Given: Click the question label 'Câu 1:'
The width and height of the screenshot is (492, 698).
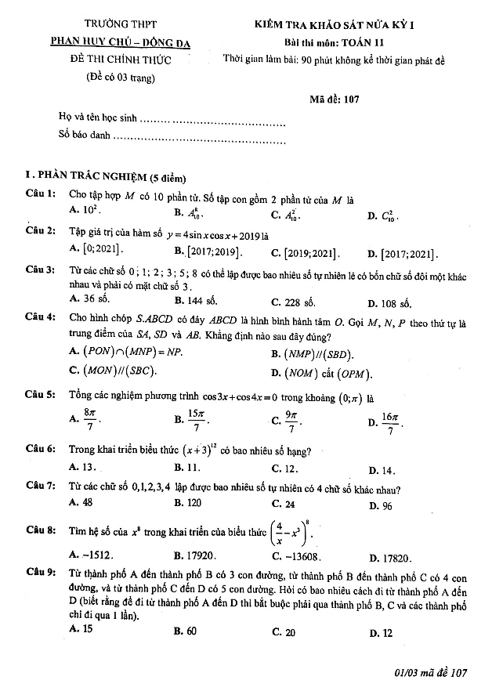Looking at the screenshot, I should (40, 193).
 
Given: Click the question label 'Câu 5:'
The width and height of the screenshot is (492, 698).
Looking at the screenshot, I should (40, 396).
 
